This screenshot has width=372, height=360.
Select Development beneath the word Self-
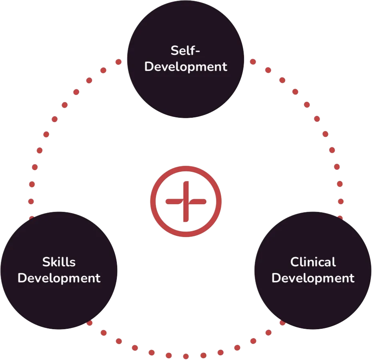(x=186, y=66)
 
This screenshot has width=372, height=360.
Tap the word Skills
(x=59, y=262)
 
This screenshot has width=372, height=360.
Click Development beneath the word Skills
(x=59, y=278)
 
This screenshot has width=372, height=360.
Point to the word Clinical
(x=313, y=262)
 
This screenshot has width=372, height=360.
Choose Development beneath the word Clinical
(x=313, y=278)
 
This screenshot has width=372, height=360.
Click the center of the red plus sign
(x=186, y=201)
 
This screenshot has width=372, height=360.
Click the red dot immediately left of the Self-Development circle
(x=118, y=62)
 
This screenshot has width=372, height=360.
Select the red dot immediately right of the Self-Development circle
(x=253, y=62)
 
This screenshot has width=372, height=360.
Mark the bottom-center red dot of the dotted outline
(x=186, y=356)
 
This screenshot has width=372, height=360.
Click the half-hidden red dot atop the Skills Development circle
(x=32, y=218)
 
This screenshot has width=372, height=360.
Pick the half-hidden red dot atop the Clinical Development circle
(x=340, y=218)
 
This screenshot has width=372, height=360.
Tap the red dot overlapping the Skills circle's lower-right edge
(x=89, y=322)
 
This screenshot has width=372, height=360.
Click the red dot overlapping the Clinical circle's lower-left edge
(x=282, y=322)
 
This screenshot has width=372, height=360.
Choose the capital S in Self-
(x=174, y=51)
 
